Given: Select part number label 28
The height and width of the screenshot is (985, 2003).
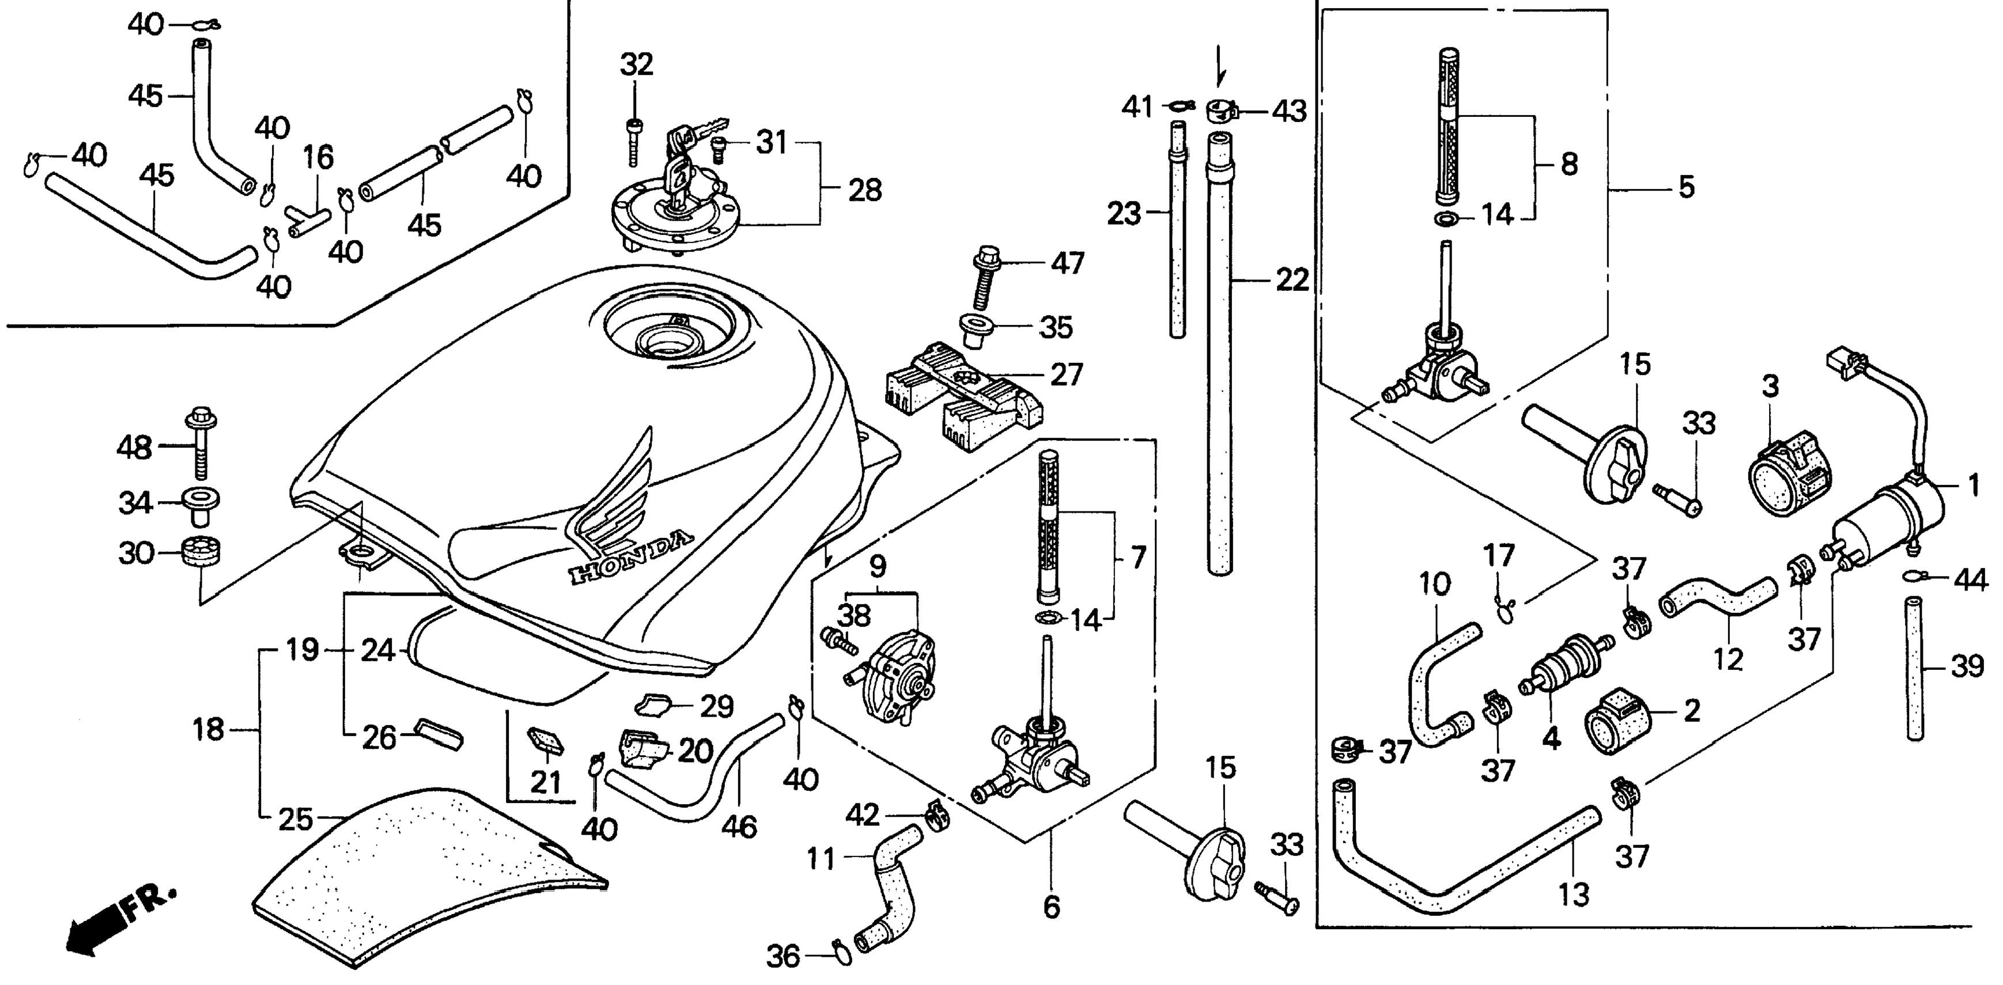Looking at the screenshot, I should pos(865,191).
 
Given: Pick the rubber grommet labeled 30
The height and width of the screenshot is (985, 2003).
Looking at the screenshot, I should pos(202,554).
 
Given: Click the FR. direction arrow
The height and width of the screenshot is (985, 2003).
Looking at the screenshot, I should pos(116,925).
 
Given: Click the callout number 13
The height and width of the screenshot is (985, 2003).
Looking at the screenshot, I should pos(1573,895).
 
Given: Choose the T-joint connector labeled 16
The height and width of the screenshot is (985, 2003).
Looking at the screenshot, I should pos(309,219).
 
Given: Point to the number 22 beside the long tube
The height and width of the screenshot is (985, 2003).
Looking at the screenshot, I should pos(1291,280).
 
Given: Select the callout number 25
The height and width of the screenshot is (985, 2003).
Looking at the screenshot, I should pos(296,820).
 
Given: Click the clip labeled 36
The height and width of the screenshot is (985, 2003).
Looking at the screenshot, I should pos(841,952).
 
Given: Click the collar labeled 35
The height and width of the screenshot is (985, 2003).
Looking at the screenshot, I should pos(974,328).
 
